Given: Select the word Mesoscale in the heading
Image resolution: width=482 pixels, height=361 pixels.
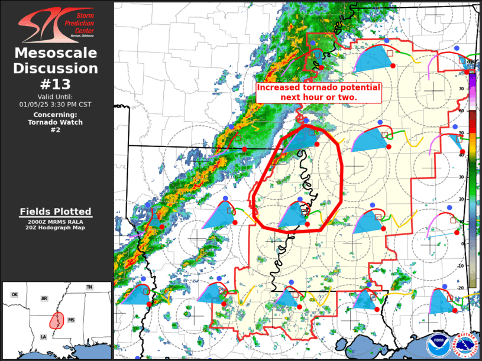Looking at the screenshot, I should tap(56, 53).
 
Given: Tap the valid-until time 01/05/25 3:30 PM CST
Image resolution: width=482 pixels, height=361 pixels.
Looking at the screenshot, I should tap(56, 104).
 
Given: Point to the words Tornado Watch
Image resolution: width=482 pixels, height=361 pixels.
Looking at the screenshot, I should tap(56, 122).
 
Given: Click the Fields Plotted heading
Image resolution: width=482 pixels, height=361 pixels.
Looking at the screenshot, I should tap(56, 212).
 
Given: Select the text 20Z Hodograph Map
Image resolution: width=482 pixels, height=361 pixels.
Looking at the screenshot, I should tap(56, 227).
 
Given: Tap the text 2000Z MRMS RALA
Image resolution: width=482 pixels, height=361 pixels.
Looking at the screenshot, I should tap(56, 222).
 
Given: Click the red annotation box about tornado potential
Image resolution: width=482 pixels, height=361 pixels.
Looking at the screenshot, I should tap(318, 92).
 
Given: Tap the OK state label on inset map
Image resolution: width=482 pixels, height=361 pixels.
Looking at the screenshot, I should tap(15, 294).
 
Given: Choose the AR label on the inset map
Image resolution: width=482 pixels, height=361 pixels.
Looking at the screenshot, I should tap(44, 298).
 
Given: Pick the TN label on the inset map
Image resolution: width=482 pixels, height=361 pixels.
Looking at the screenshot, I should tap(89, 287).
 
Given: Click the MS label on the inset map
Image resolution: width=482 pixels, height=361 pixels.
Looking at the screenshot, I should tap(71, 320).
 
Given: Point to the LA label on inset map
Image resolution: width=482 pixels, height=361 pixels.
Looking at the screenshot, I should tap(43, 336).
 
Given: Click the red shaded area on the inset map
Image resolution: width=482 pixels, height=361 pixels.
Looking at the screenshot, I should tap(57, 320).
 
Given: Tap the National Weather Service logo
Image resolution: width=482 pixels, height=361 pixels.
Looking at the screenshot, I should tap(464, 343).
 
